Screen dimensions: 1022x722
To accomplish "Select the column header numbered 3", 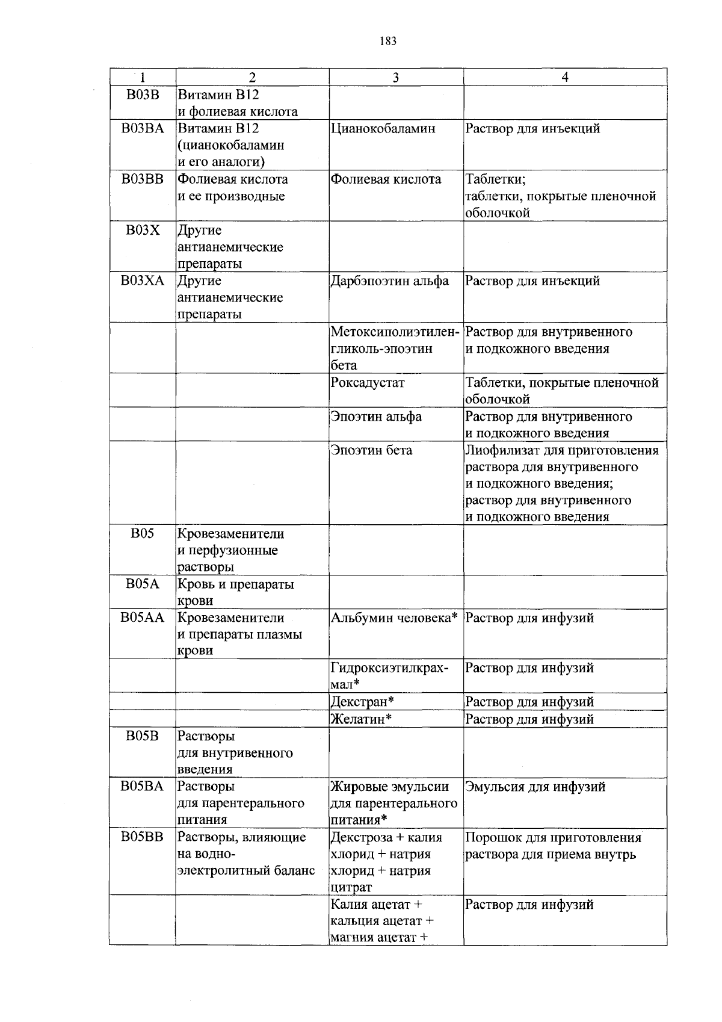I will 395,77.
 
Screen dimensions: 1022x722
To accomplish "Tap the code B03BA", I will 142,128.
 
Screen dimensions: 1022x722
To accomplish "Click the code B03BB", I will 142,179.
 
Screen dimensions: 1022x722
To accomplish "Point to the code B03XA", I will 142,280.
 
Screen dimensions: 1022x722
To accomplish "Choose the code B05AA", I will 142,618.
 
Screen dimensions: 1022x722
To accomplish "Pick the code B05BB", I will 142,837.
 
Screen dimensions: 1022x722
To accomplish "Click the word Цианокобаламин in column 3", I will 383,128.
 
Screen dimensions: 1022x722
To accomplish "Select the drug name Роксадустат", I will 368,382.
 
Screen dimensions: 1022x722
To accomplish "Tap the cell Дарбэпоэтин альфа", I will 390,280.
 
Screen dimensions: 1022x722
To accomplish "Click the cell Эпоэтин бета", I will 371,450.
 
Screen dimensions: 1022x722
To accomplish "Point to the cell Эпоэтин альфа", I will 376,417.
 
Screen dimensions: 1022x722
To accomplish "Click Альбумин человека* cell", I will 395,618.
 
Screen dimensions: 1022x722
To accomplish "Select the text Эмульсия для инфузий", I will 535,786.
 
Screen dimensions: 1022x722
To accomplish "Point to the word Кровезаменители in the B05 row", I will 230,533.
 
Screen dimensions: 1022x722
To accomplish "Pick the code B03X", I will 142,230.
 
